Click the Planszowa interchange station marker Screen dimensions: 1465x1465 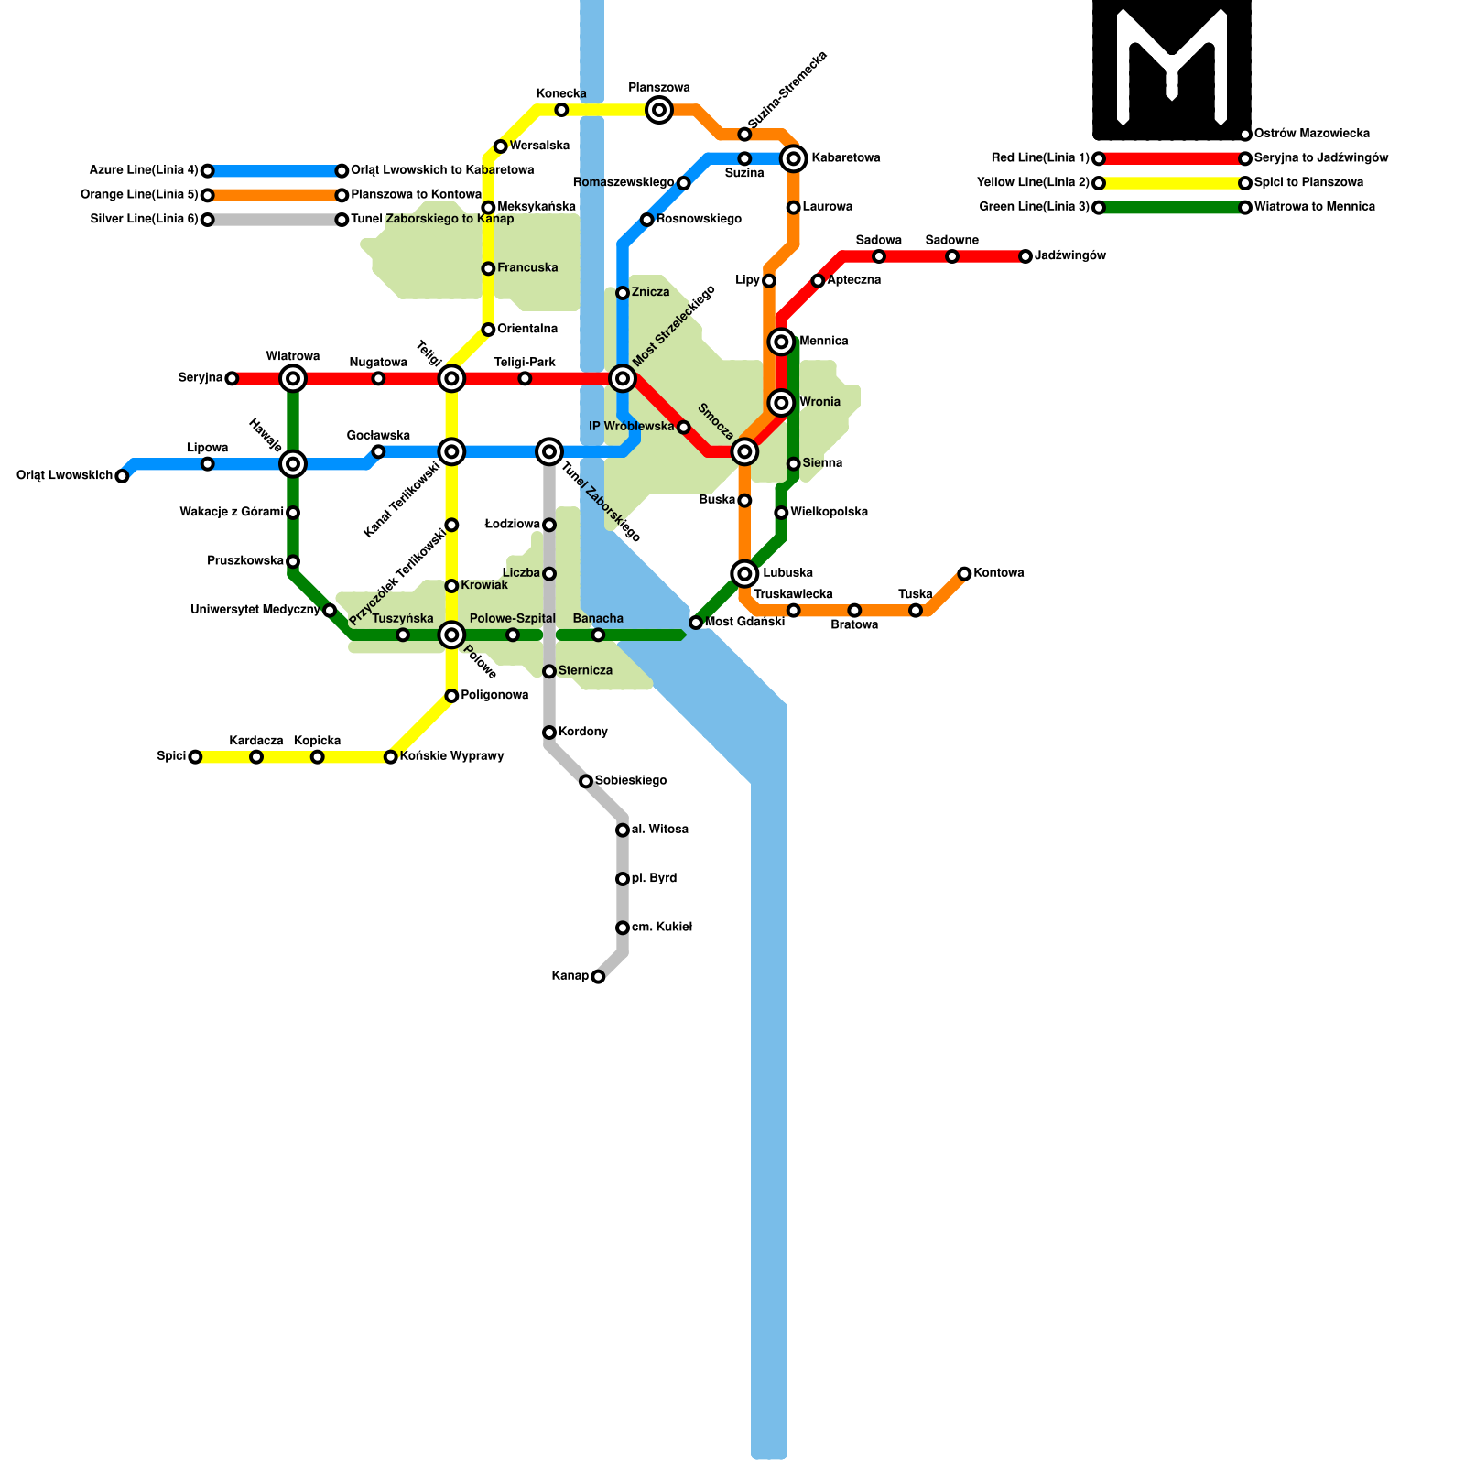coord(659,111)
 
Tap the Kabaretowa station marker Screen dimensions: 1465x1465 coord(794,159)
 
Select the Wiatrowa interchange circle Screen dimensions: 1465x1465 coord(293,378)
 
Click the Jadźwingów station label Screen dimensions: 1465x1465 coord(1070,256)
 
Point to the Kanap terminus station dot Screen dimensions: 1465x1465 coord(598,977)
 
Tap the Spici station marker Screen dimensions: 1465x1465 coord(195,757)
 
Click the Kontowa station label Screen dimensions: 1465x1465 coord(999,573)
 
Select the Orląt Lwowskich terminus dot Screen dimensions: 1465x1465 coord(122,476)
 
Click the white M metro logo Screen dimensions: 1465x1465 coord(1172,69)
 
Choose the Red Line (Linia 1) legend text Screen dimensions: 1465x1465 coord(1040,158)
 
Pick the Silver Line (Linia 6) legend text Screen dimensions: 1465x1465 coord(145,220)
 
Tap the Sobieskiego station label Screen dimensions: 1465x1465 coord(631,781)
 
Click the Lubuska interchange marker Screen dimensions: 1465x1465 coord(744,574)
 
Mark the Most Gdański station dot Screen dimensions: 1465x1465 coord(696,624)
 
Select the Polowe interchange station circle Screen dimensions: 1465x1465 coord(451,635)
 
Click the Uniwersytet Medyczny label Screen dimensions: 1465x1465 coord(255,610)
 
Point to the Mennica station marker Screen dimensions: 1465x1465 coord(781,342)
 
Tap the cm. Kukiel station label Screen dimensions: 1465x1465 coord(662,928)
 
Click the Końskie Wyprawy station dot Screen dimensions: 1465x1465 coord(391,757)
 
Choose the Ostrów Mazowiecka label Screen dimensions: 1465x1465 coord(1312,134)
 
